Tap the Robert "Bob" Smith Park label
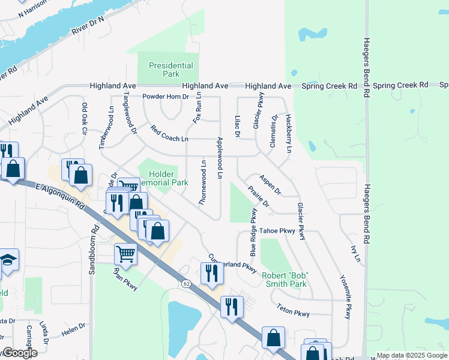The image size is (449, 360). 285,279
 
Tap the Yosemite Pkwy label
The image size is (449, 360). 345,298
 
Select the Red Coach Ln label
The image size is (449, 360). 169,134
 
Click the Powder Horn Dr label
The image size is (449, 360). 165,96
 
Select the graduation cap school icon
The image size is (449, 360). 8,260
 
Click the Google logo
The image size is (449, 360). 20,353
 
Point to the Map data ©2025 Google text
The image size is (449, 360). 411,355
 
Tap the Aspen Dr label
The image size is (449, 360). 270,185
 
